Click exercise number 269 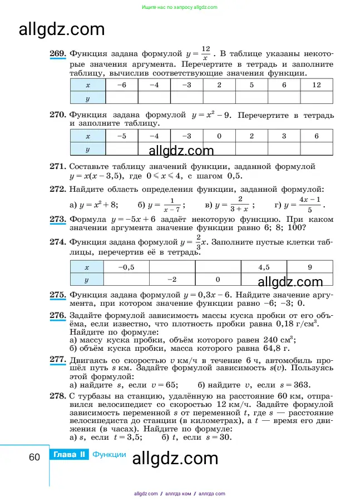[x=57, y=53]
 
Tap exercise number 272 [x=57, y=189]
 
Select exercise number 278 [x=57, y=395]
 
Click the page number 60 [x=34, y=457]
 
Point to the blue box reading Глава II [x=70, y=455]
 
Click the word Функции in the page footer [x=109, y=455]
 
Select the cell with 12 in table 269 [x=316, y=85]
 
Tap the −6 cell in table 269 [x=121, y=85]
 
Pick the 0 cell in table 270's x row [x=219, y=136]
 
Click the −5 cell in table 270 [x=121, y=136]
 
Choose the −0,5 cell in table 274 [x=127, y=267]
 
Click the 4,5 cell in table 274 [x=264, y=267]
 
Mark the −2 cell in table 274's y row [x=172, y=280]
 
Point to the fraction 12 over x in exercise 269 [x=205, y=54]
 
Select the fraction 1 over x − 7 [x=173, y=205]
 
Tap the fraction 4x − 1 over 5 [x=310, y=205]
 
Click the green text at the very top [x=180, y=7]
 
